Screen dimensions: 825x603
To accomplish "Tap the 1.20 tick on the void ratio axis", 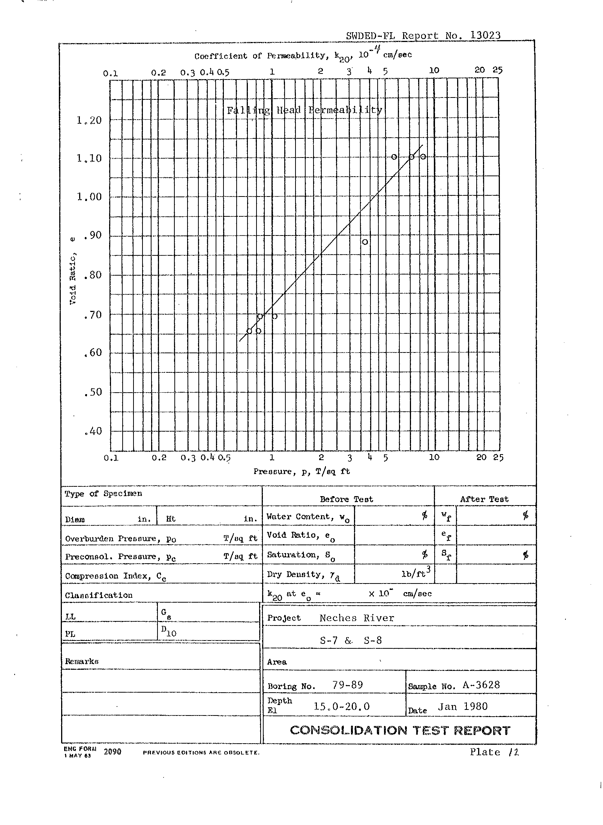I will coord(89,120).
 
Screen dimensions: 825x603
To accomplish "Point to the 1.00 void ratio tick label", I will coord(89,197).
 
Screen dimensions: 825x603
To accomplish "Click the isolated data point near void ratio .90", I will coord(365,242).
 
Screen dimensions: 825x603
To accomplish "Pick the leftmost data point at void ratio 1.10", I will coord(394,157).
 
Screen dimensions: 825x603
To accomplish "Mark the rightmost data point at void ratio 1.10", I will coord(423,157).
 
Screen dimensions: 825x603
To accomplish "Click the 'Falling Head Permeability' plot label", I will coord(304,110).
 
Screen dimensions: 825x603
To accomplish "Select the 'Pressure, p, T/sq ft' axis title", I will coord(301,471).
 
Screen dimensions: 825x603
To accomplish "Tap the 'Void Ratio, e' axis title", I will coord(73,270).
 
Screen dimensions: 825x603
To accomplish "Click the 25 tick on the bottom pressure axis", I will coord(498,457).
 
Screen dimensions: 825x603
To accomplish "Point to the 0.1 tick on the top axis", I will coord(110,73).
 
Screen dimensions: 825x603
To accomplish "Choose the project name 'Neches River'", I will coord(357,618).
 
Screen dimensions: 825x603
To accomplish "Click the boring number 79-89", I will coord(348,685).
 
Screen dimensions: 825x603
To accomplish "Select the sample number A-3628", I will coord(481,685).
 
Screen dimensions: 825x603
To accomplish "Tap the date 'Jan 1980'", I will coord(463,707).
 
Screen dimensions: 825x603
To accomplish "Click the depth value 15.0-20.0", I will coord(342,707).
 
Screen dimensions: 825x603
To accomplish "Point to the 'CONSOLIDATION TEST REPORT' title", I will coord(400,730).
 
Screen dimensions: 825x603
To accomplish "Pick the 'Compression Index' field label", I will coord(115,576).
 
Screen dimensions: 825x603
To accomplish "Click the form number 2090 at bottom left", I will coord(112,751).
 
